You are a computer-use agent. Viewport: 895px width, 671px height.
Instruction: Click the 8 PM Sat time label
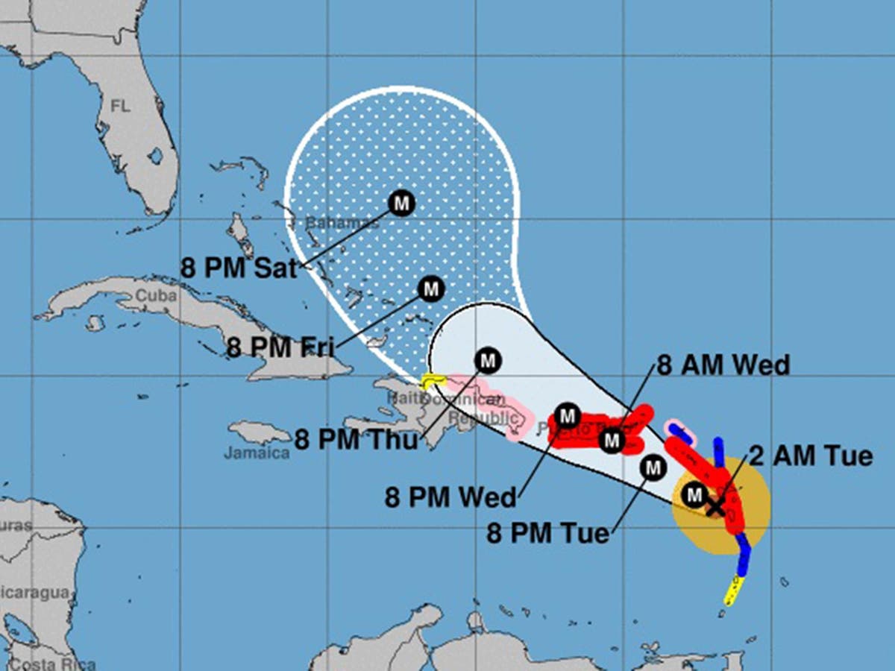pyautogui.click(x=239, y=267)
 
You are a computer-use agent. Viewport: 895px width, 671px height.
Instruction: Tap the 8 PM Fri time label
pyautogui.click(x=280, y=347)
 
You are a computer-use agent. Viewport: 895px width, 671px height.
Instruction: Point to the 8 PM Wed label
pyautogui.click(x=450, y=497)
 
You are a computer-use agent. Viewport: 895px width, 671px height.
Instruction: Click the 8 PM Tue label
pyautogui.click(x=547, y=533)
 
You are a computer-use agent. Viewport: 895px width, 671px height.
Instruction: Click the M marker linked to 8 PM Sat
pyautogui.click(x=401, y=203)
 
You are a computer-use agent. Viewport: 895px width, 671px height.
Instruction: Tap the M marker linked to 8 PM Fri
pyautogui.click(x=430, y=289)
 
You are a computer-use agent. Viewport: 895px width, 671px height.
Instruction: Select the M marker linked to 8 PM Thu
pyautogui.click(x=488, y=361)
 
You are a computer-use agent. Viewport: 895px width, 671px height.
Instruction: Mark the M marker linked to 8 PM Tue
pyautogui.click(x=653, y=468)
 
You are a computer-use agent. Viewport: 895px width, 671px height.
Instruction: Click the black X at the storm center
pyautogui.click(x=715, y=508)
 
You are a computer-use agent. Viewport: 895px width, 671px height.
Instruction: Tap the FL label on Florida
pyautogui.click(x=120, y=106)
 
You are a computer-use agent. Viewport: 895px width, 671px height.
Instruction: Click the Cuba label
pyautogui.click(x=156, y=296)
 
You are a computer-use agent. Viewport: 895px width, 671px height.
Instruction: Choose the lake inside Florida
pyautogui.click(x=155, y=157)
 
